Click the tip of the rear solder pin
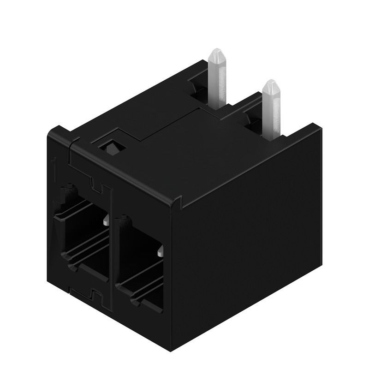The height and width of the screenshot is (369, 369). pos(217,53)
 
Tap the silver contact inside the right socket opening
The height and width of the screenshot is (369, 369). pos(160,252)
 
